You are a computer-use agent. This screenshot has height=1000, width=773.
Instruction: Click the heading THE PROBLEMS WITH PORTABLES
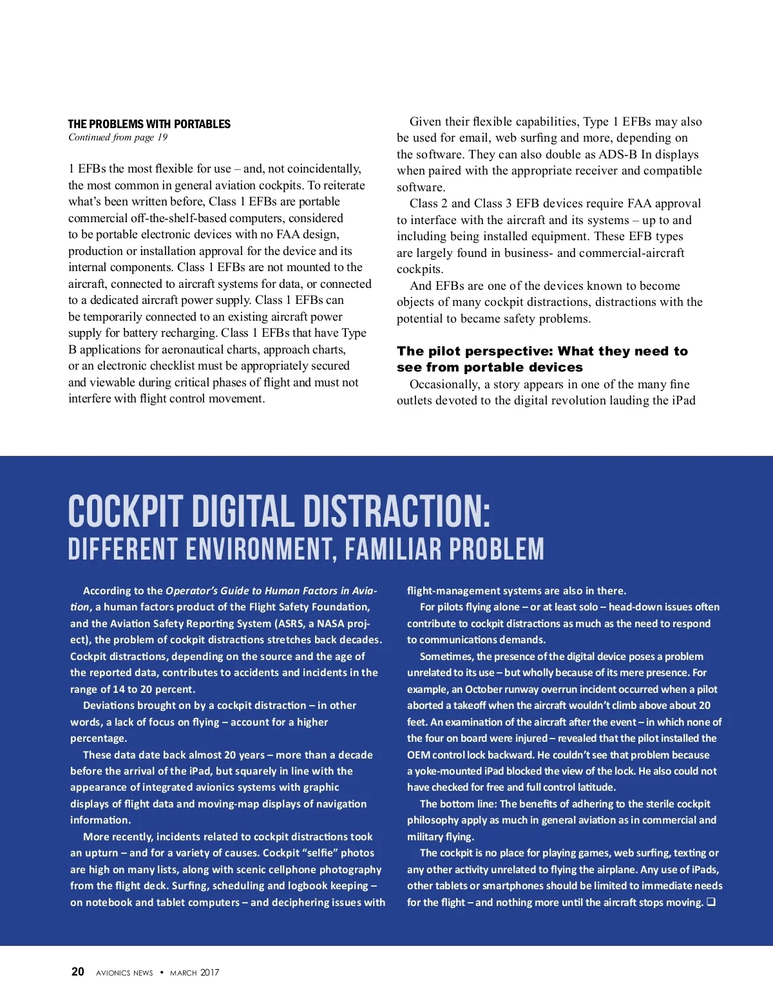point(149,124)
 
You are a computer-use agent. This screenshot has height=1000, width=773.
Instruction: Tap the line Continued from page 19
point(118,137)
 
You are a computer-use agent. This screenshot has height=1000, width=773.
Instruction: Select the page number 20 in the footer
point(77,972)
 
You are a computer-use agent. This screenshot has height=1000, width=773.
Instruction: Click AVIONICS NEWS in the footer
point(124,973)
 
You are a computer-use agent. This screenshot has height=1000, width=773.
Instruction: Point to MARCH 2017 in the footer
point(195,973)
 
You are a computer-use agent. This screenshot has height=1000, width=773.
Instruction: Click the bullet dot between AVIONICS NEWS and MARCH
point(162,972)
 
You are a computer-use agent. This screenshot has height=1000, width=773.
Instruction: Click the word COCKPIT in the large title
point(126,512)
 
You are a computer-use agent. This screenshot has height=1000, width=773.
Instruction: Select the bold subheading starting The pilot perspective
point(542,359)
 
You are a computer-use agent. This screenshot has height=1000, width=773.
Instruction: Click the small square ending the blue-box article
point(711,902)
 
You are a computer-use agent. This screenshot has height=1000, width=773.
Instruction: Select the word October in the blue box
point(484,689)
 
